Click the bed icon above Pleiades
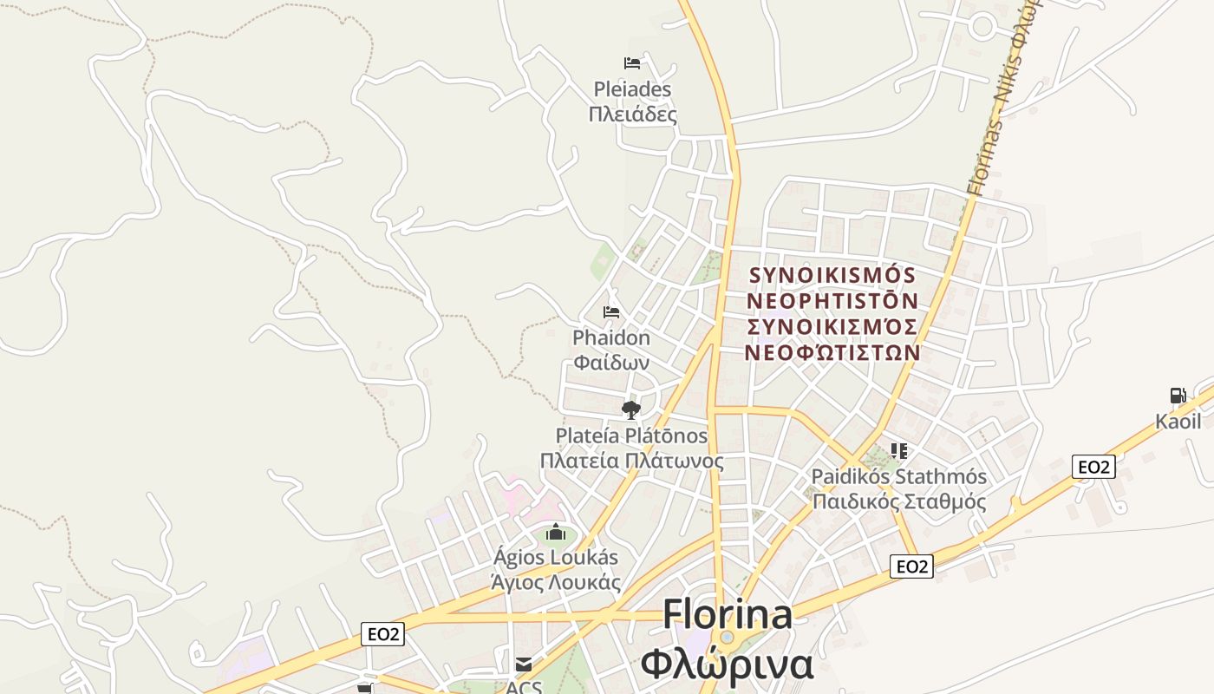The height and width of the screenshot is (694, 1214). pos(632,63)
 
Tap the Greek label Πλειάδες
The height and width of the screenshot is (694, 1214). pos(632,115)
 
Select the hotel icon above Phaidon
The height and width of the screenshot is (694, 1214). pos(611,312)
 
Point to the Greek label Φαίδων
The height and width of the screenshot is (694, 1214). pos(611,362)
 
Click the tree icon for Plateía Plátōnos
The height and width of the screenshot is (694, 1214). pos(631,409)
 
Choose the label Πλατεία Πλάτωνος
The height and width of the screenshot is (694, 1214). pos(631,461)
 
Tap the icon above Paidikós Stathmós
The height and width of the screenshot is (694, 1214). pos(899,451)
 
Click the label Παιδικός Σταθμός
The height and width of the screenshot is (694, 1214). pos(899,501)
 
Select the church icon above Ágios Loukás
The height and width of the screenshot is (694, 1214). pos(556,532)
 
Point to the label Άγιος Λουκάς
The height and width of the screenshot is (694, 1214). pos(556,582)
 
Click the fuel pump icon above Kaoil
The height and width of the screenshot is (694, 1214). pos(1178,396)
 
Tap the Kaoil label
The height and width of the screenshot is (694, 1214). pos(1178,422)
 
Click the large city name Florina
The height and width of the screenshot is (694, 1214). pos(728,614)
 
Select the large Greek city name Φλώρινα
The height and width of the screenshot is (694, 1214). pos(728,665)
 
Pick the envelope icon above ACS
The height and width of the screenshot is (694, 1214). pos(524,665)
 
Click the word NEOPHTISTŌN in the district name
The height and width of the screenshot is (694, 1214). pos(832,301)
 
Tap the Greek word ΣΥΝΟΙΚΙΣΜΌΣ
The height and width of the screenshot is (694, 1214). pos(832,327)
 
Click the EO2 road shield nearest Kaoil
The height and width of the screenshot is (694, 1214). pos(1093,467)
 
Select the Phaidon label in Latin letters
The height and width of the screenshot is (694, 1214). pos(611,337)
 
